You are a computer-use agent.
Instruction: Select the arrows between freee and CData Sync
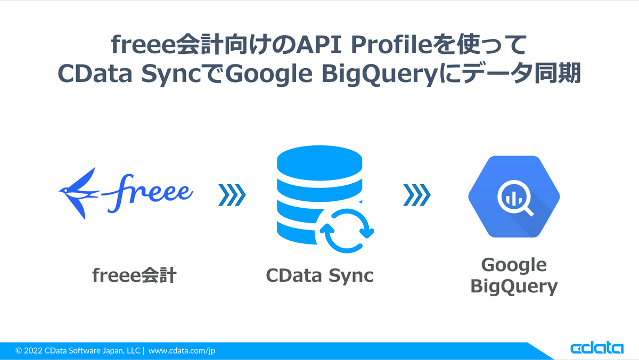[232, 194]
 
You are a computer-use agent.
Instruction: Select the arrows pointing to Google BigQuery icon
[417, 194]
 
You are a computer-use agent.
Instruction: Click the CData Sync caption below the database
[319, 275]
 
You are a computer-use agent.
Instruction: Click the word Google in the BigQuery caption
[514, 264]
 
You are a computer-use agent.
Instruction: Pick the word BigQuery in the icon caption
[514, 287]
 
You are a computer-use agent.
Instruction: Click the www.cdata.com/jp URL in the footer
[182, 350]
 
